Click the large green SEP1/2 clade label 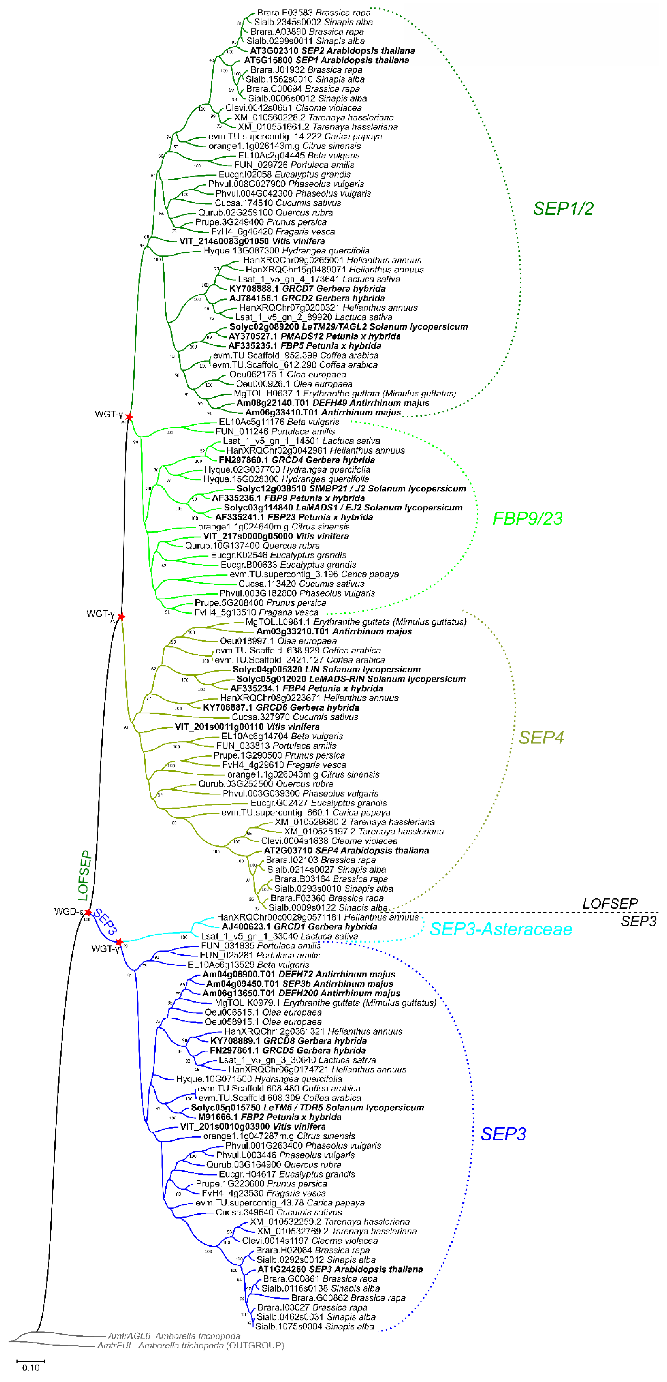(563, 209)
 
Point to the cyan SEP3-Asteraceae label (501, 929)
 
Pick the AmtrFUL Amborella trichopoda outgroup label (191, 1345)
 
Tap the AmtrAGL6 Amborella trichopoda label (174, 1336)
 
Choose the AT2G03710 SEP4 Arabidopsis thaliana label (346, 851)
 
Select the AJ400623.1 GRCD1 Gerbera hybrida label (299, 927)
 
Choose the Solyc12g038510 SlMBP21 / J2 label (351, 489)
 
